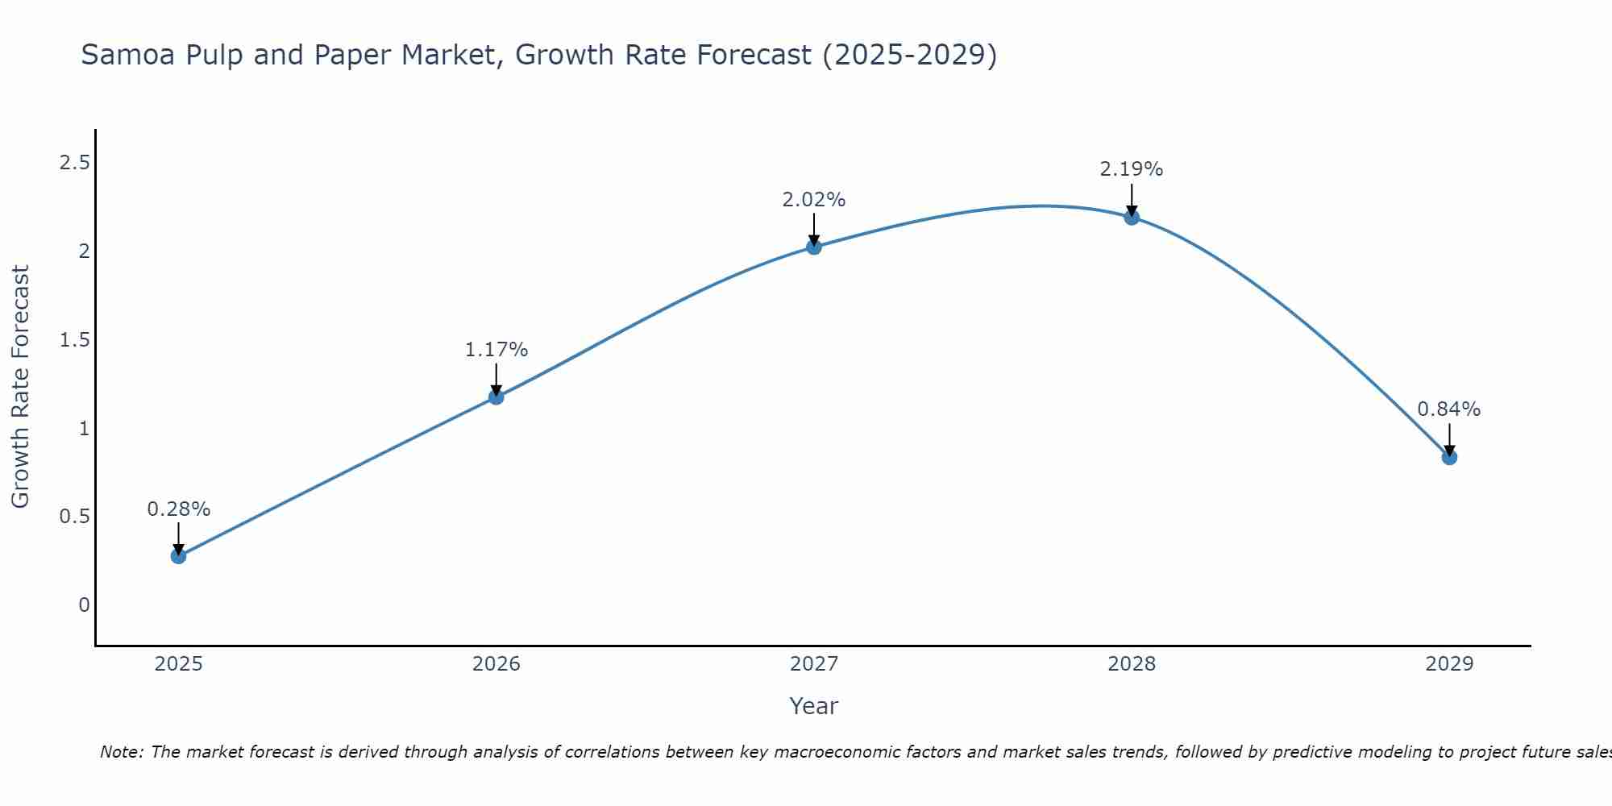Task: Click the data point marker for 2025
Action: coord(178,555)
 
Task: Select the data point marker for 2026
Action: coord(496,397)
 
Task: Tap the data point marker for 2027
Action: coord(814,247)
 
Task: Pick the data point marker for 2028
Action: coord(1132,217)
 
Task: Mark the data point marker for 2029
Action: coord(1449,457)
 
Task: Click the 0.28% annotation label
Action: coord(178,509)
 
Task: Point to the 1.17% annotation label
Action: coord(496,350)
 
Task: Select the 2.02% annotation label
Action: coord(814,200)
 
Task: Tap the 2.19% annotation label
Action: coord(1132,169)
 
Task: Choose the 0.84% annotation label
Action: coord(1449,409)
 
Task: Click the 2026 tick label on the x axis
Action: coord(496,664)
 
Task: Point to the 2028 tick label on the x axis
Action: coord(1132,664)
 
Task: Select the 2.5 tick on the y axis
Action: coord(74,164)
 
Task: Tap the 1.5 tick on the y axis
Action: coord(74,340)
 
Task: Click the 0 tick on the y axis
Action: coord(84,604)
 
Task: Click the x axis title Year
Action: coord(814,706)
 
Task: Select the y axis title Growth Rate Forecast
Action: coord(20,386)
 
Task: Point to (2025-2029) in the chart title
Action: coord(909,56)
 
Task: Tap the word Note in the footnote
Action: coord(120,752)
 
